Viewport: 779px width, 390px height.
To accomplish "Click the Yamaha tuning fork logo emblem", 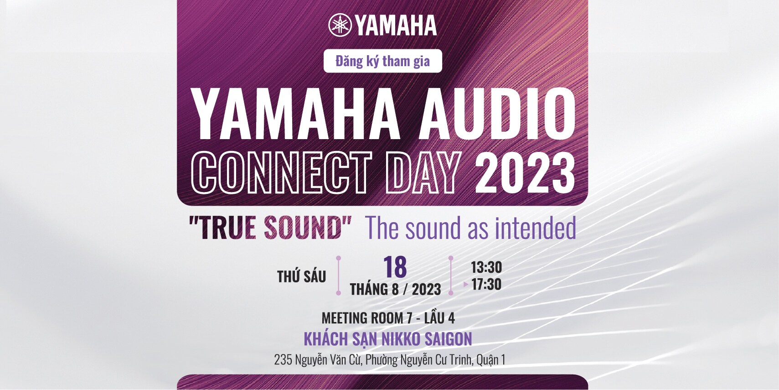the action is click(x=340, y=25).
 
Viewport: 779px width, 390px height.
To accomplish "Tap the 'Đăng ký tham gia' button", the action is click(x=382, y=61).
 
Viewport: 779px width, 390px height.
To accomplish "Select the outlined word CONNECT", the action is click(x=281, y=172).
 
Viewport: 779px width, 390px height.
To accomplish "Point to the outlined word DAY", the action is click(x=423, y=172).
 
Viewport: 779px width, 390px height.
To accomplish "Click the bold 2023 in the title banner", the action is click(x=525, y=173).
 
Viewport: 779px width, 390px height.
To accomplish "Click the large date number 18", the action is click(x=395, y=267).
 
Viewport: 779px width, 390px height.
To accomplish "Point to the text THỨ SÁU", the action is click(x=301, y=276).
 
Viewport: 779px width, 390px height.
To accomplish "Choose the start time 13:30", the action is click(x=486, y=267).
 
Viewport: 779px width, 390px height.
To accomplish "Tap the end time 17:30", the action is click(x=486, y=284).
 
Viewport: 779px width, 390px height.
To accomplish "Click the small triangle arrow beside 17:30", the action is click(x=466, y=284).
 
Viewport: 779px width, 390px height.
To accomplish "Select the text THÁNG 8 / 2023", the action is click(x=395, y=290).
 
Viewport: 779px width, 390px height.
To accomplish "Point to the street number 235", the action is click(x=283, y=360).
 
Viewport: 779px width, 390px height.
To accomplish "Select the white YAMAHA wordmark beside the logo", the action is click(x=396, y=25).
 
